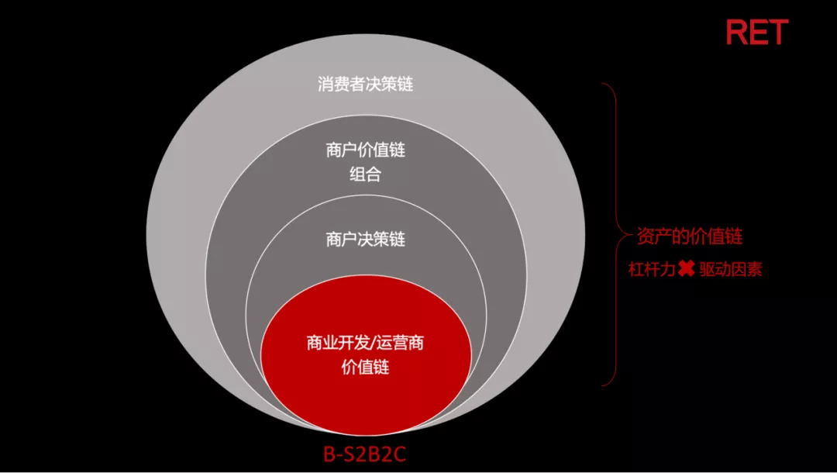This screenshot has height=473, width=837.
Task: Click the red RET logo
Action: click(756, 33)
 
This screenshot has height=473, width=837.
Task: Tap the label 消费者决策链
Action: click(365, 84)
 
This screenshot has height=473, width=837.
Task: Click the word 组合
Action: click(366, 174)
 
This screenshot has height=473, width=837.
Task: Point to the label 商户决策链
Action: click(366, 240)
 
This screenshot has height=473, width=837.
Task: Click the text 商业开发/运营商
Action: click(366, 344)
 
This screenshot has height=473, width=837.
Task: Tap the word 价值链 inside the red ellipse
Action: click(366, 367)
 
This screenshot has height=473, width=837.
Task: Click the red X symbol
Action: click(685, 270)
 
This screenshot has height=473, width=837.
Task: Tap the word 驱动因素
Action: click(730, 271)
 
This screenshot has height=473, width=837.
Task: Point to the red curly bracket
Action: click(612, 233)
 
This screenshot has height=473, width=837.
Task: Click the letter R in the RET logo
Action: click(736, 33)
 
